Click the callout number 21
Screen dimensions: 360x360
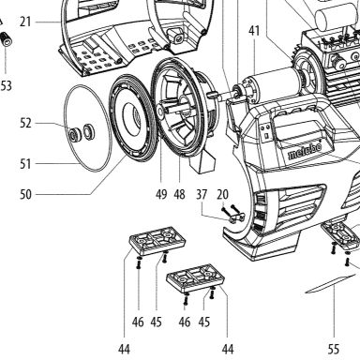pyautogui.click(x=25, y=22)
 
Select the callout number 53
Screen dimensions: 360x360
pyautogui.click(x=6, y=85)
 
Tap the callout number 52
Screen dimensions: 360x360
pyautogui.click(x=25, y=123)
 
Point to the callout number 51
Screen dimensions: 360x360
pyautogui.click(x=25, y=164)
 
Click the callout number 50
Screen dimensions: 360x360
pyautogui.click(x=25, y=194)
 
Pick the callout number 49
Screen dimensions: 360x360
pyautogui.click(x=161, y=194)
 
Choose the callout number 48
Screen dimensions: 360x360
pyautogui.click(x=179, y=194)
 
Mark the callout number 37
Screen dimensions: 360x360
pyautogui.click(x=202, y=194)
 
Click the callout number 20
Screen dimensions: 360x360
pyautogui.click(x=222, y=194)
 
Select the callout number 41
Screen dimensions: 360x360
pyautogui.click(x=254, y=31)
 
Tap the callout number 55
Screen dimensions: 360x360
pyautogui.click(x=334, y=349)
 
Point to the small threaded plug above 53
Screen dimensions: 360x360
pyautogui.click(x=7, y=38)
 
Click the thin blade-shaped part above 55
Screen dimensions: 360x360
pyautogui.click(x=331, y=284)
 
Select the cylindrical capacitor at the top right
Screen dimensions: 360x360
pyautogui.click(x=337, y=15)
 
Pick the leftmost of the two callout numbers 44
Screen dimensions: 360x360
pyautogui.click(x=124, y=349)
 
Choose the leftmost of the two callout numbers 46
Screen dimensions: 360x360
pyautogui.click(x=138, y=322)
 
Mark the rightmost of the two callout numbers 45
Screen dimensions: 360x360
pyautogui.click(x=204, y=322)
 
